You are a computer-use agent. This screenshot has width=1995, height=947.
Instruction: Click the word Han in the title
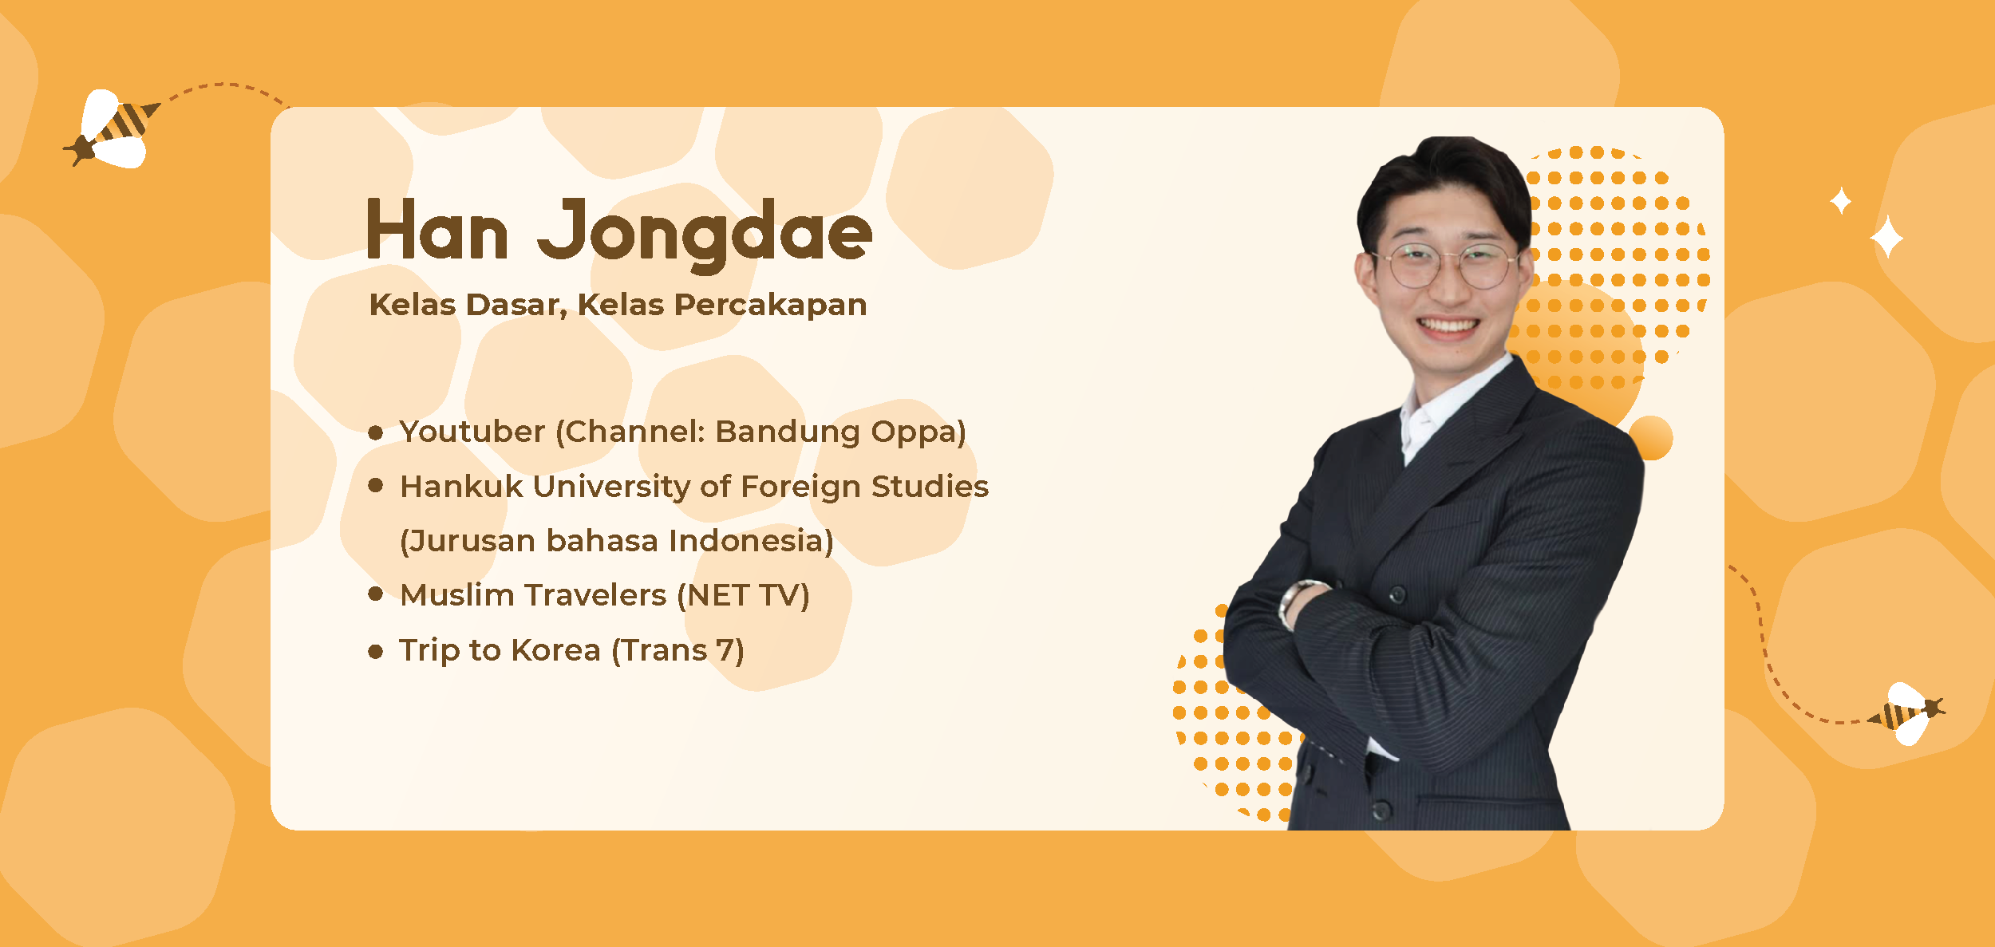click(x=437, y=232)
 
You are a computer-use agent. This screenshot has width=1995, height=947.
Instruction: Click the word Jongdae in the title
click(x=704, y=234)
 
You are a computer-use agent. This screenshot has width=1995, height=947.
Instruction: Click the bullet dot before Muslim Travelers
click(x=376, y=594)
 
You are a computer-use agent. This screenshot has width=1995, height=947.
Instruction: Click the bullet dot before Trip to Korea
click(x=376, y=652)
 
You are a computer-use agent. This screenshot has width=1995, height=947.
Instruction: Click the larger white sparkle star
click(x=1886, y=237)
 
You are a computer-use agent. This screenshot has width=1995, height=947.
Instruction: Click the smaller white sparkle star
click(x=1840, y=201)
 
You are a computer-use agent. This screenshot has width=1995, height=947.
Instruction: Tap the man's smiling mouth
click(x=1448, y=326)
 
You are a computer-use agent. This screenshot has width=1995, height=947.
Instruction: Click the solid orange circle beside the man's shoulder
click(x=1650, y=438)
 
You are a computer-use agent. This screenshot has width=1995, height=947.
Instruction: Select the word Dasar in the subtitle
click(x=516, y=305)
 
